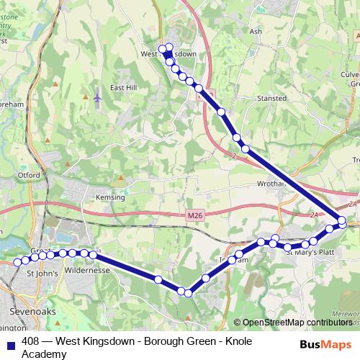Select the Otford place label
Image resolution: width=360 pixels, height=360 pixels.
(28, 174)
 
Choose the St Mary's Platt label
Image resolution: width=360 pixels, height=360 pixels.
(309, 252)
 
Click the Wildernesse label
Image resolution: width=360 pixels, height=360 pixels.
(86, 271)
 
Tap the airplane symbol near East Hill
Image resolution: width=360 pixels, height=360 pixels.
(97, 96)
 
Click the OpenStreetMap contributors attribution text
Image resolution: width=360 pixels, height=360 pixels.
(297, 323)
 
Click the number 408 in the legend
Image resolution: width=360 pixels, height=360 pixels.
(31, 341)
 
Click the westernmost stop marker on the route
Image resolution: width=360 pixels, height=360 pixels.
(17, 262)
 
